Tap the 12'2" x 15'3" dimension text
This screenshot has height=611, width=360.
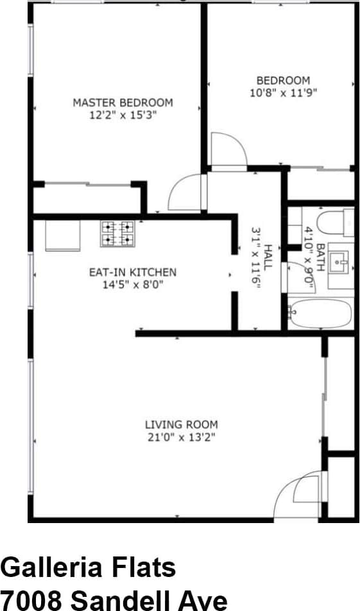(123, 115)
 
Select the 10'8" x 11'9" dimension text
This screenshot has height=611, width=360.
(283, 92)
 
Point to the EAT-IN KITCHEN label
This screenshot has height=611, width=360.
(132, 272)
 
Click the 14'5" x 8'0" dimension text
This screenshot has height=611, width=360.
(132, 284)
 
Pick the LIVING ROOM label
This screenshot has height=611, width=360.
(181, 424)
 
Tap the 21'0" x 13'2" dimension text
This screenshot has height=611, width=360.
(181, 437)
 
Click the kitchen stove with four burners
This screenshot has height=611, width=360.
(117, 234)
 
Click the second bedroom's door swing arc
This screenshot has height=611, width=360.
(228, 150)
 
